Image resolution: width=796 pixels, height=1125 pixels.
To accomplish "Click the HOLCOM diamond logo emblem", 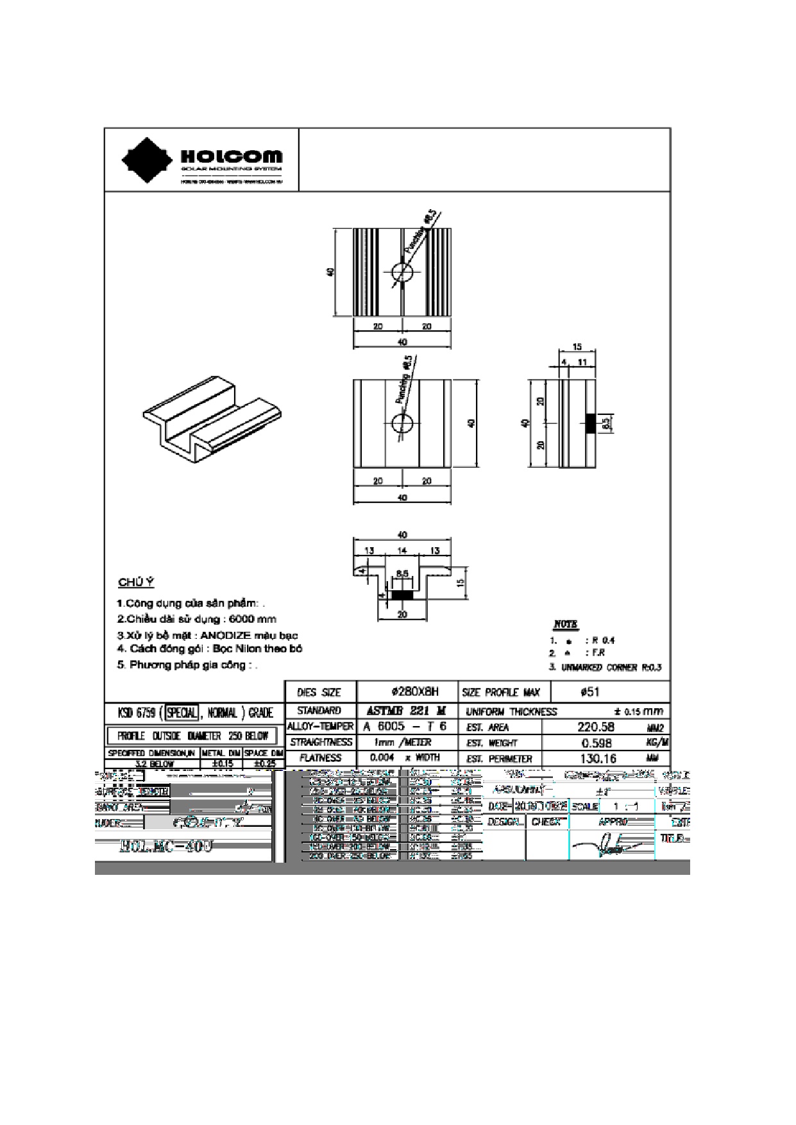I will click(148, 159).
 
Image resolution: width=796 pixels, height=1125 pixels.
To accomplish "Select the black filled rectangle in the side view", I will click(590, 423).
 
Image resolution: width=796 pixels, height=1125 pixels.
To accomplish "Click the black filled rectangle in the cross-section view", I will click(402, 595).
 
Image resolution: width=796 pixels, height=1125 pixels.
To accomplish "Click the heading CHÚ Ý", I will click(136, 582).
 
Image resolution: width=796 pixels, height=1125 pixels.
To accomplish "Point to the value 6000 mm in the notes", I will click(253, 620).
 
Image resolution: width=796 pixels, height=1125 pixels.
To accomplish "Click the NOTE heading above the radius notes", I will click(565, 625).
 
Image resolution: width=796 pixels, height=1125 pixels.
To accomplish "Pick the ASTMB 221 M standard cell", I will click(406, 711).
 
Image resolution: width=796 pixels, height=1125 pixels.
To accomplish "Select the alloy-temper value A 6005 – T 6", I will click(405, 727).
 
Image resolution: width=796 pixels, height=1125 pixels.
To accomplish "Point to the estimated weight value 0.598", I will click(596, 743).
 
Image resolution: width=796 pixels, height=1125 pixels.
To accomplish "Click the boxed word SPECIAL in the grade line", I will click(182, 713).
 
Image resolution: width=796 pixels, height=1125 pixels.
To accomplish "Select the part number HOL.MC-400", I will click(166, 847).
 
